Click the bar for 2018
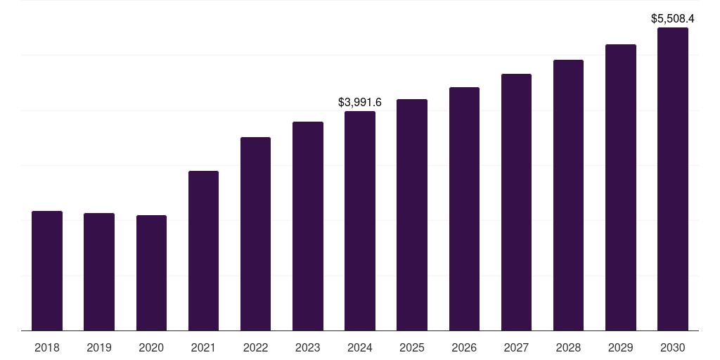pos(47,271)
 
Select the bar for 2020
pos(151,273)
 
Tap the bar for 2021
pos(203,250)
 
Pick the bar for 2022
pos(255,233)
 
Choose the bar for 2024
pos(360,221)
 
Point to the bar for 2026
pos(464,209)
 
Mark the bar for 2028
pos(568,195)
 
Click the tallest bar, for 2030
pos(672,179)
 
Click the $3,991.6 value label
pos(360,103)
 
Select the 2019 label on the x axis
pos(99,347)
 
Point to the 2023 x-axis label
pos(308,347)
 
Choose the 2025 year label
pos(412,347)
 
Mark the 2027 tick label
pos(516,347)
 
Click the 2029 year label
pos(620,347)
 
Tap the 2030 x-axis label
pos(672,347)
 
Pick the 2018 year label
pos(47,347)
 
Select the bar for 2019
pos(99,271)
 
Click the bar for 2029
pos(620,187)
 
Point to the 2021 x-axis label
pos(203,347)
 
